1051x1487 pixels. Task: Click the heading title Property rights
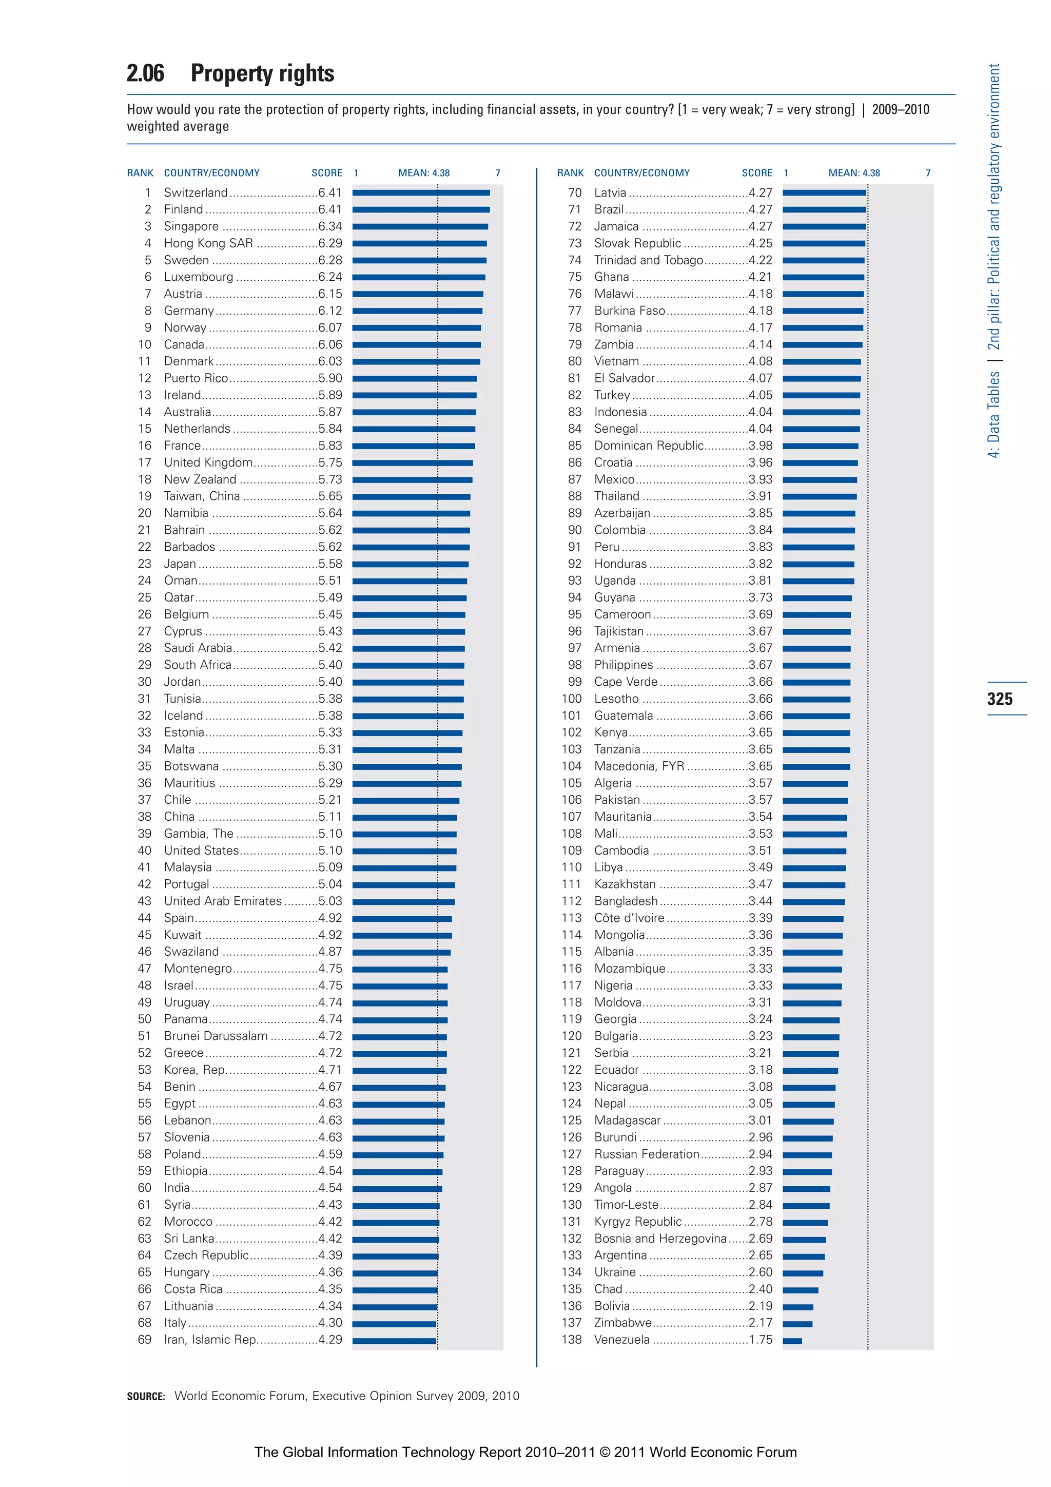(x=262, y=73)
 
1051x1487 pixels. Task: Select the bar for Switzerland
(x=421, y=192)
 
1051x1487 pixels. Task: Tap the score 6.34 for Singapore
(x=329, y=226)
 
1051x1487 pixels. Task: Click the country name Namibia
(x=186, y=513)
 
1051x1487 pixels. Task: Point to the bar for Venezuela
(x=792, y=1341)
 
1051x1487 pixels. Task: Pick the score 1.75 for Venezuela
(x=760, y=1339)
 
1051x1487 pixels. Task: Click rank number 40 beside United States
(x=144, y=851)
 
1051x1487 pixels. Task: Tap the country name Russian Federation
(x=646, y=1154)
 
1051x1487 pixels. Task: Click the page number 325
(x=999, y=699)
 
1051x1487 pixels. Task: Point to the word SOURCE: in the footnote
(x=146, y=1396)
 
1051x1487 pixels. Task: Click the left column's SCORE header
(x=326, y=173)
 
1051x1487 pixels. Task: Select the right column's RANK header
(x=570, y=173)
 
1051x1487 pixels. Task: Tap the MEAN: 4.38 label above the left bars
(x=423, y=173)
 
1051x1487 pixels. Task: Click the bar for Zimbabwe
(x=797, y=1324)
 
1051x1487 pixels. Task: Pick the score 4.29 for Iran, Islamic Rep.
(x=329, y=1339)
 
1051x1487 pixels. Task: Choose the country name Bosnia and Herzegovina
(x=660, y=1238)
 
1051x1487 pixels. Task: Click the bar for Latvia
(x=824, y=192)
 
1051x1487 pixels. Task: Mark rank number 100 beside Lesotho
(x=571, y=699)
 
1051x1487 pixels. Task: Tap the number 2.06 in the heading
(x=146, y=73)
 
